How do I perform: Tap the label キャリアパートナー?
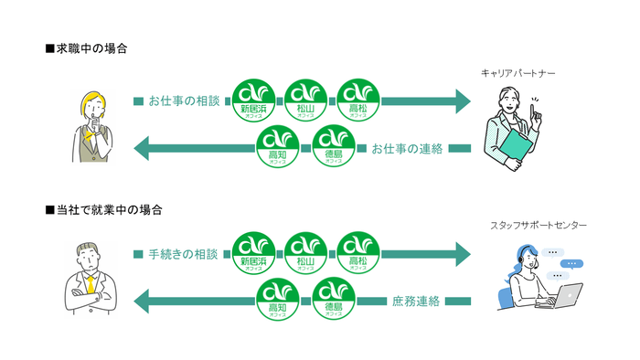tap(517, 72)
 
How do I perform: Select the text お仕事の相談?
tap(184, 101)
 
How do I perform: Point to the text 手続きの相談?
tap(184, 253)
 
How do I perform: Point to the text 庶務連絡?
tap(415, 300)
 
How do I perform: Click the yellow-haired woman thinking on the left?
tap(91, 124)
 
